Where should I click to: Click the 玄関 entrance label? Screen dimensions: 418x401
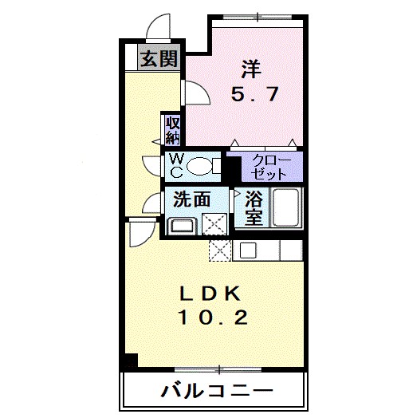pos(160,58)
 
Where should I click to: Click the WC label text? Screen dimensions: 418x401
pos(175,165)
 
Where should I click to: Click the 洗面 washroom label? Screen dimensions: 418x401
pos(191,199)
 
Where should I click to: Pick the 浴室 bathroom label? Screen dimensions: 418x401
pos(254,209)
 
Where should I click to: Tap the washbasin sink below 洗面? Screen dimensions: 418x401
pos(180,224)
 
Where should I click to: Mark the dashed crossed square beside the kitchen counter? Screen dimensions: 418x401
pos(220,250)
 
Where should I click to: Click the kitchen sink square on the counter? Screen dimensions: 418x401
pos(247,250)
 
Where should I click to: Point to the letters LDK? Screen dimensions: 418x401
pos(210,292)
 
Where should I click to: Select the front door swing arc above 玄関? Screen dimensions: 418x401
pos(159,28)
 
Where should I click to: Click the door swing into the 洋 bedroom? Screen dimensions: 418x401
pos(195,94)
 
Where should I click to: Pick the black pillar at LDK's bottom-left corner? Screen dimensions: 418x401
pos(130,361)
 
